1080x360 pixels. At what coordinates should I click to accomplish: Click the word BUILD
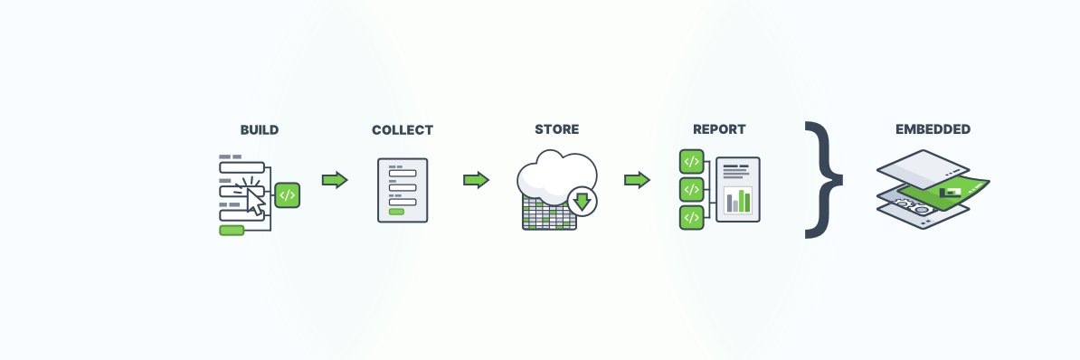[x=259, y=130]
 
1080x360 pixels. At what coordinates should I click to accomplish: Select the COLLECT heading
[x=403, y=130]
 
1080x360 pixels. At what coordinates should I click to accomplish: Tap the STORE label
[x=556, y=130]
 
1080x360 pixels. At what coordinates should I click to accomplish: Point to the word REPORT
[x=719, y=130]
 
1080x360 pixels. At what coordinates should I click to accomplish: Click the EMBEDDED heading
[x=933, y=130]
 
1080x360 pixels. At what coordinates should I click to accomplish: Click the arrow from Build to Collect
[x=335, y=180]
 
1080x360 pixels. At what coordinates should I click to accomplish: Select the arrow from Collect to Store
[x=476, y=180]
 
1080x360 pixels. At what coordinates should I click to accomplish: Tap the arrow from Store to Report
[x=638, y=180]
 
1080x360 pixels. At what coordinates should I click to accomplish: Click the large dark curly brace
[x=824, y=179]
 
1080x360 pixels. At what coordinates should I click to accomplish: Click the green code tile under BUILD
[x=287, y=194]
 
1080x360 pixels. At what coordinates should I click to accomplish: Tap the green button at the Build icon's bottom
[x=232, y=231]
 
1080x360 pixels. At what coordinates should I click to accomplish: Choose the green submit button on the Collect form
[x=396, y=211]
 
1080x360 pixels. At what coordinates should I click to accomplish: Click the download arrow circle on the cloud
[x=582, y=200]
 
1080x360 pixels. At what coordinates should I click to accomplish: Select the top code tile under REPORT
[x=691, y=162]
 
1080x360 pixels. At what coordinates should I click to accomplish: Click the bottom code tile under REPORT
[x=691, y=218]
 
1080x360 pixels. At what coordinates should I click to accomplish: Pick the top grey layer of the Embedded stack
[x=923, y=165]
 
